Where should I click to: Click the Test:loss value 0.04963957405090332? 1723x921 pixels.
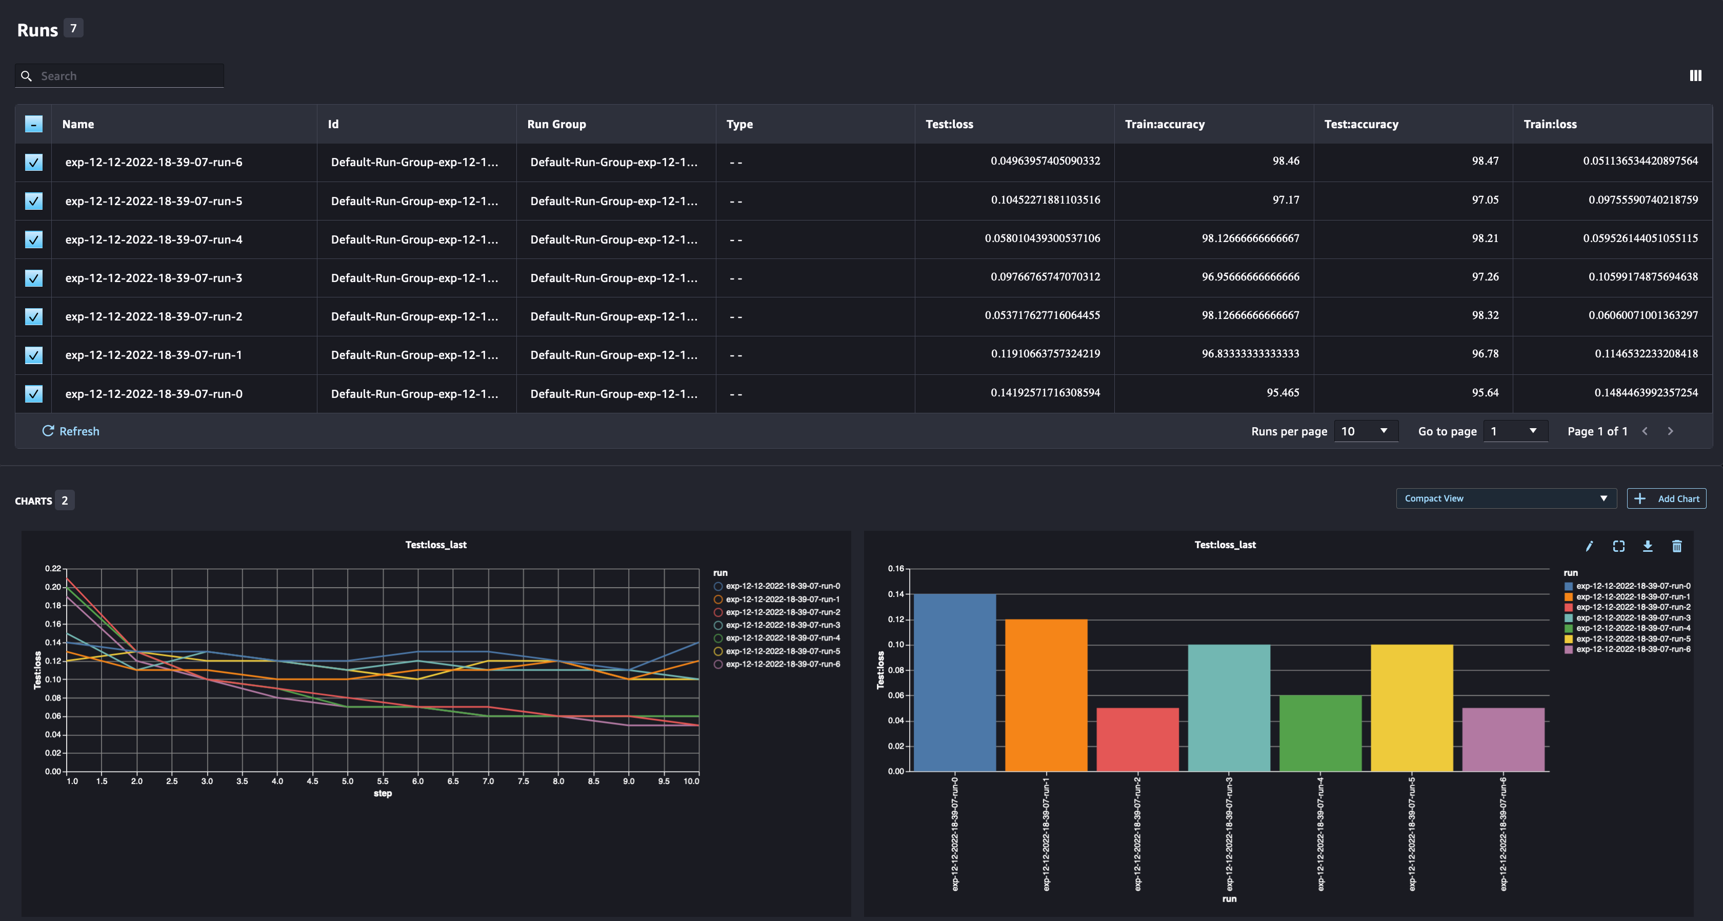(1045, 161)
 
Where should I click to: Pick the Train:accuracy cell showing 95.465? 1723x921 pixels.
(1282, 393)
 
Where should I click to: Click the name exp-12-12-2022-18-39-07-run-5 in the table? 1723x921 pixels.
(154, 201)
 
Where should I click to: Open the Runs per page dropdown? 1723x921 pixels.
(1365, 431)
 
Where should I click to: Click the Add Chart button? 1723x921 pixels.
(1666, 499)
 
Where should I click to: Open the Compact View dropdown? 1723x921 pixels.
(1506, 499)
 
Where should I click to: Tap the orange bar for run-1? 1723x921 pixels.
(1046, 695)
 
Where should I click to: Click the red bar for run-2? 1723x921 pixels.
(1137, 739)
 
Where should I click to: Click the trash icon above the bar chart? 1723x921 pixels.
(1677, 547)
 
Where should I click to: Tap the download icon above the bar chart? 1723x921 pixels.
(1648, 547)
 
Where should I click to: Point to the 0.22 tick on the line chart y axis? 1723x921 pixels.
(53, 569)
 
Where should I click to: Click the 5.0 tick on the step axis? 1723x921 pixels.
(348, 781)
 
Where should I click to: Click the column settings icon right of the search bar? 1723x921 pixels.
(1695, 75)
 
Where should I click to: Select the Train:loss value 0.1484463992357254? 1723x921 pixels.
(1646, 393)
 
